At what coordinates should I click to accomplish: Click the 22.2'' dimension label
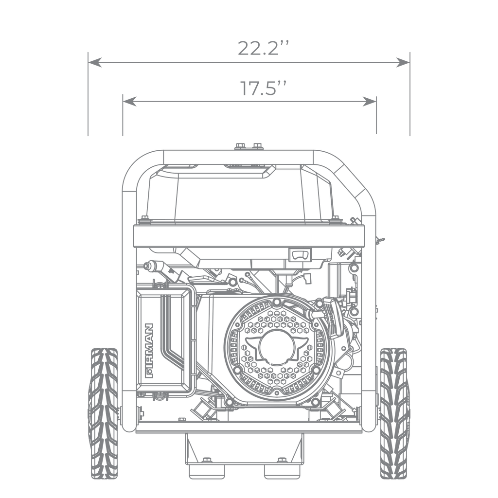pos(263,49)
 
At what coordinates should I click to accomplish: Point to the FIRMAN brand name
pos(149,351)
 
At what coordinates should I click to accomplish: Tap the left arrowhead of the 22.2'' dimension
pos(95,63)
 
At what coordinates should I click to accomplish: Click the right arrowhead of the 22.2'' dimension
pos(403,63)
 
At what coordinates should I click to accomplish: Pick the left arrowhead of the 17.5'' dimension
pos(129,101)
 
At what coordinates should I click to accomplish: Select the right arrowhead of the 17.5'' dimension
pos(370,101)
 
